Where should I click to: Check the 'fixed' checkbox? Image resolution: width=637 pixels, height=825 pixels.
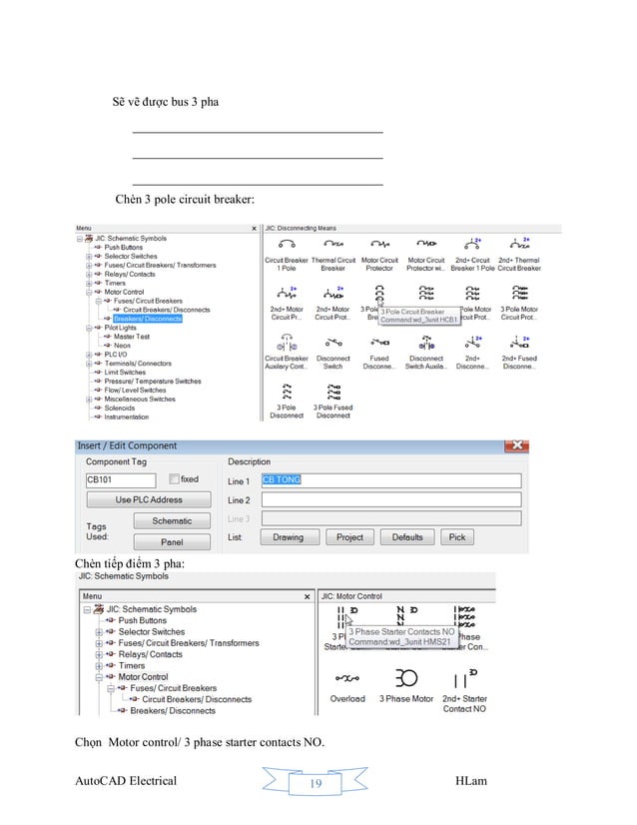click(x=174, y=479)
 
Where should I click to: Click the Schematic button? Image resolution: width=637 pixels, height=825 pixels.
click(x=172, y=520)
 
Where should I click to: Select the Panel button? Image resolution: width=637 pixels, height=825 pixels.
click(x=172, y=542)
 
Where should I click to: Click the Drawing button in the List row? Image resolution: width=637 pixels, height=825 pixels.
click(x=288, y=537)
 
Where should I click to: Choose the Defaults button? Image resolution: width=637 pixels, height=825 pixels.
click(x=406, y=537)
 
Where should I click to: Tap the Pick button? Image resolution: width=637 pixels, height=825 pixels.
click(x=456, y=537)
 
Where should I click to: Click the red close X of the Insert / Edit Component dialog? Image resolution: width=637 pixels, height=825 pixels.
click(x=515, y=445)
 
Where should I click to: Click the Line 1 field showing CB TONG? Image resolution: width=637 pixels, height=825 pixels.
click(x=389, y=479)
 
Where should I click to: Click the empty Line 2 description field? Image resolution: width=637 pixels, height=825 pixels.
click(x=389, y=499)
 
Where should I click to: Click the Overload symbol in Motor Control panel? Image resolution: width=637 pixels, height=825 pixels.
click(x=346, y=681)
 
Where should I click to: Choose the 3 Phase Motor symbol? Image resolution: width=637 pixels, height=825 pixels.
click(x=406, y=681)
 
